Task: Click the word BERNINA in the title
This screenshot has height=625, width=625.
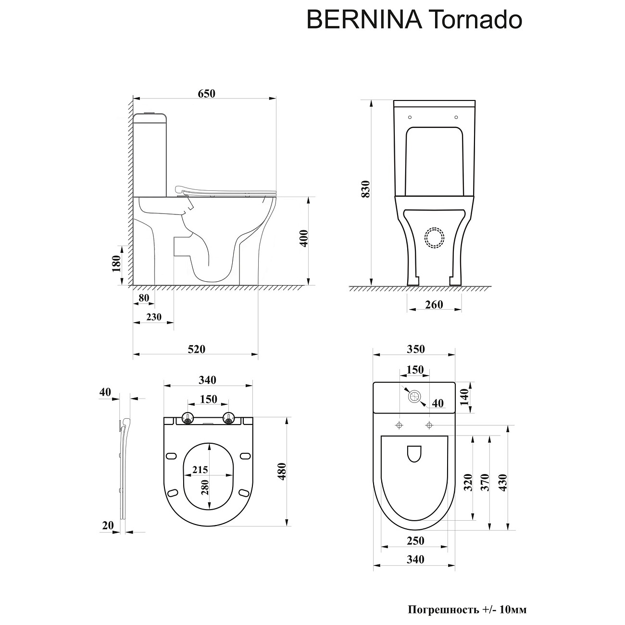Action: [363, 21]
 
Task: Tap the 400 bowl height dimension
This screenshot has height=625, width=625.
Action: [303, 238]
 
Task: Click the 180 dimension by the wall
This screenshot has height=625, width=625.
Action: [116, 264]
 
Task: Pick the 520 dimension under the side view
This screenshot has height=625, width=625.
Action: [196, 349]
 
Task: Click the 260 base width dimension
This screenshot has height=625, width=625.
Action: [434, 305]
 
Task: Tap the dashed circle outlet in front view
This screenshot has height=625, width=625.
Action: [435, 238]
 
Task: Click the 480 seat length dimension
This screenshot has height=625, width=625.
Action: [282, 472]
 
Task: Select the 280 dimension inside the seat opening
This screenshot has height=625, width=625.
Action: [206, 487]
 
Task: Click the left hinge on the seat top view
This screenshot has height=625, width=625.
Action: [187, 419]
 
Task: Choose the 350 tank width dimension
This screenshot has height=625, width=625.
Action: [415, 350]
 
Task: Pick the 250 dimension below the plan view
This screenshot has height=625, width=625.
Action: [415, 541]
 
